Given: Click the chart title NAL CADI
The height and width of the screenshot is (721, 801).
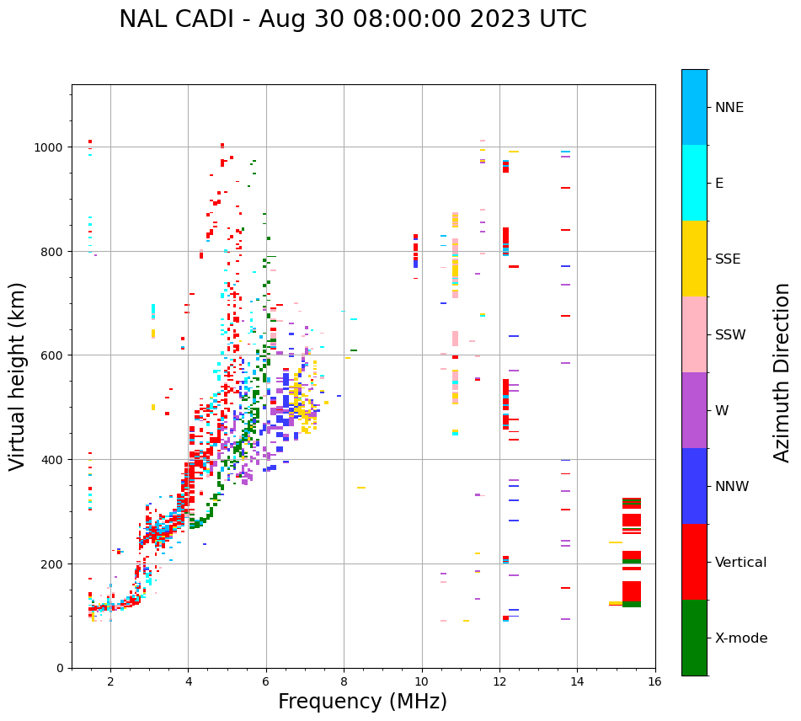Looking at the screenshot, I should click(x=352, y=19).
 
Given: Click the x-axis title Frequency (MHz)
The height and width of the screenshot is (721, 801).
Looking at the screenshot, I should click(x=362, y=702).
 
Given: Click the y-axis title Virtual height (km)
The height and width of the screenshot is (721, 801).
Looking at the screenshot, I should click(x=18, y=376).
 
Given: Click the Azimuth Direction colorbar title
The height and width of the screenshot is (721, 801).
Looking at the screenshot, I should click(x=782, y=372).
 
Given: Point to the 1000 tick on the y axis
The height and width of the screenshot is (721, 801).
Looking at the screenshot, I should click(x=52, y=147).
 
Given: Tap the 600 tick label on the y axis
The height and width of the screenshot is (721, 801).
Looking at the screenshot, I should click(x=56, y=355).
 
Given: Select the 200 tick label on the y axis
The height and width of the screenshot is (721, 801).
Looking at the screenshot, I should click(x=56, y=563).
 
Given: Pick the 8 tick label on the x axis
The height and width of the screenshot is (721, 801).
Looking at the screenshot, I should click(x=344, y=682).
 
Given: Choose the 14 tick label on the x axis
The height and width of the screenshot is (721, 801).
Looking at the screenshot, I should click(x=577, y=682).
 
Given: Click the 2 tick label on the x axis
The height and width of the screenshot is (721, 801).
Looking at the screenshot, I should click(x=110, y=682).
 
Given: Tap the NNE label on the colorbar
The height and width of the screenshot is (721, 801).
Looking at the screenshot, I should click(x=729, y=107).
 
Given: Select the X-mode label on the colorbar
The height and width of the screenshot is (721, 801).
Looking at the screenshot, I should click(x=741, y=638).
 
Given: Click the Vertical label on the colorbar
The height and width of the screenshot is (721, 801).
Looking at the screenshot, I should click(x=741, y=562).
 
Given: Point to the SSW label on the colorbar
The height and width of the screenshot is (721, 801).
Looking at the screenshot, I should click(x=730, y=334).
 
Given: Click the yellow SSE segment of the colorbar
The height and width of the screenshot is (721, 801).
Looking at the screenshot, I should click(x=694, y=259).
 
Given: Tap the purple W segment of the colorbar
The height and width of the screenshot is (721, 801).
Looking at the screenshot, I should click(x=694, y=410).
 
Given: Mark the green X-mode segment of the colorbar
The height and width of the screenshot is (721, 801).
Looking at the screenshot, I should click(x=694, y=638).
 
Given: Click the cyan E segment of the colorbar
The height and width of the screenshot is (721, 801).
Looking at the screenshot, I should click(x=694, y=183).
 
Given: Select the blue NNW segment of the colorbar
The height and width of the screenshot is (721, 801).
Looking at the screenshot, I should click(x=694, y=486).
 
